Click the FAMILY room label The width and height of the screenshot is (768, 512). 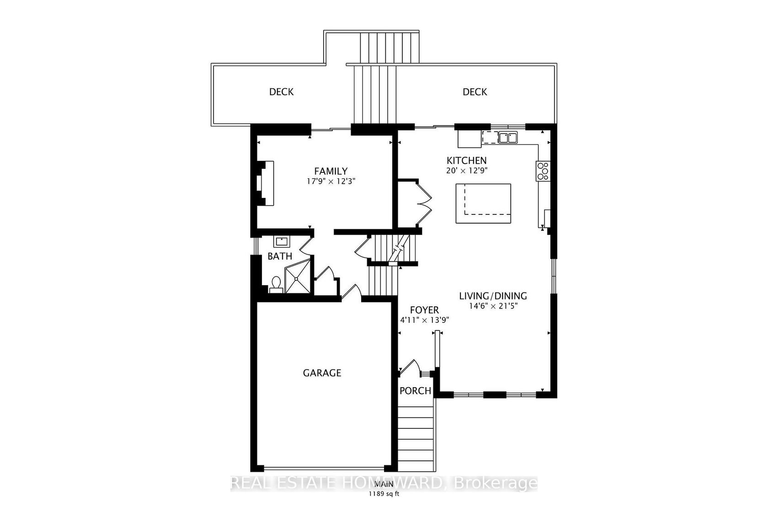coord(331,171)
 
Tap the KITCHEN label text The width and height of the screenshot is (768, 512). coord(467,160)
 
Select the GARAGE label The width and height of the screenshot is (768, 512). coord(322,373)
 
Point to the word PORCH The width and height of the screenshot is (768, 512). coord(415,390)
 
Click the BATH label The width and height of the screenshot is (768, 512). coord(280,256)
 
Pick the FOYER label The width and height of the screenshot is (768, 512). coord(424,310)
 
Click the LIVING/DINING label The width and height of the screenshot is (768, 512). coord(493,296)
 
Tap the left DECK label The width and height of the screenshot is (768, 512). coord(282,92)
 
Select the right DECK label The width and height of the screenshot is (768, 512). coord(475,92)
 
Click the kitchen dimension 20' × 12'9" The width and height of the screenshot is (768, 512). coord(467,171)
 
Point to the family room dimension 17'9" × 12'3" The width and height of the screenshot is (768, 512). coord(331,181)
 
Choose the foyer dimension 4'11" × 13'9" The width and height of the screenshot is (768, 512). coord(424,320)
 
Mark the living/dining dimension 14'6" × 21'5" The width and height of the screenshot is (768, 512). coord(493,306)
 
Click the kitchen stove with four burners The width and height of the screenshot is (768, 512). coord(543,171)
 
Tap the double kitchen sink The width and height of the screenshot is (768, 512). coord(508,138)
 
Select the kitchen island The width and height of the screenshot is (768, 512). coord(483,203)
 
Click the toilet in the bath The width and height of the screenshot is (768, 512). coord(276,285)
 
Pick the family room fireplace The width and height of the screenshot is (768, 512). coord(265,183)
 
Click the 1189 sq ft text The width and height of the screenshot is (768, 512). coord(384,494)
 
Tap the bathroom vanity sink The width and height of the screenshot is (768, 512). coord(282,241)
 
